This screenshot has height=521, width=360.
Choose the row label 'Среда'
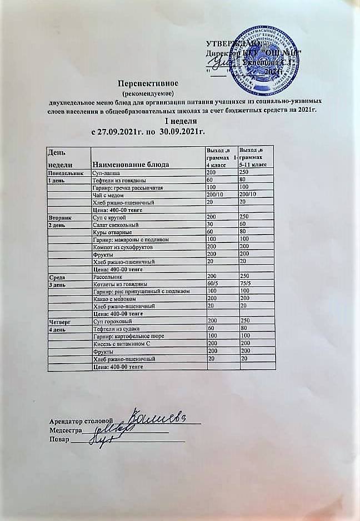tap(56, 276)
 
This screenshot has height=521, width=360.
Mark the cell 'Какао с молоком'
tap(116, 299)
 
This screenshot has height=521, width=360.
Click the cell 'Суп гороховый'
tap(112, 321)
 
